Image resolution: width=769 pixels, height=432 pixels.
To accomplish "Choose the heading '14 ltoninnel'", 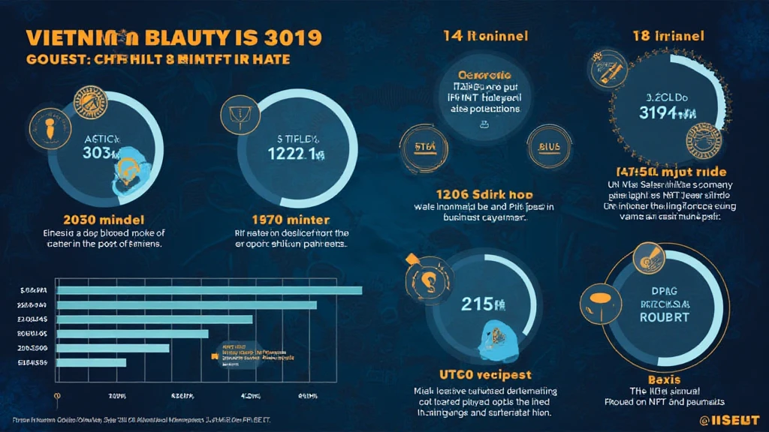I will click(485, 35).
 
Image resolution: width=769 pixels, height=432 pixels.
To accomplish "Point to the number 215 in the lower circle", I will click(478, 304).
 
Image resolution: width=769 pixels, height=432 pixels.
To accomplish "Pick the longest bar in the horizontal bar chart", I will click(210, 290).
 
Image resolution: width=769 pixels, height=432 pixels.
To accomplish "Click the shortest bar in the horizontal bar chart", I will click(92, 363).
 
